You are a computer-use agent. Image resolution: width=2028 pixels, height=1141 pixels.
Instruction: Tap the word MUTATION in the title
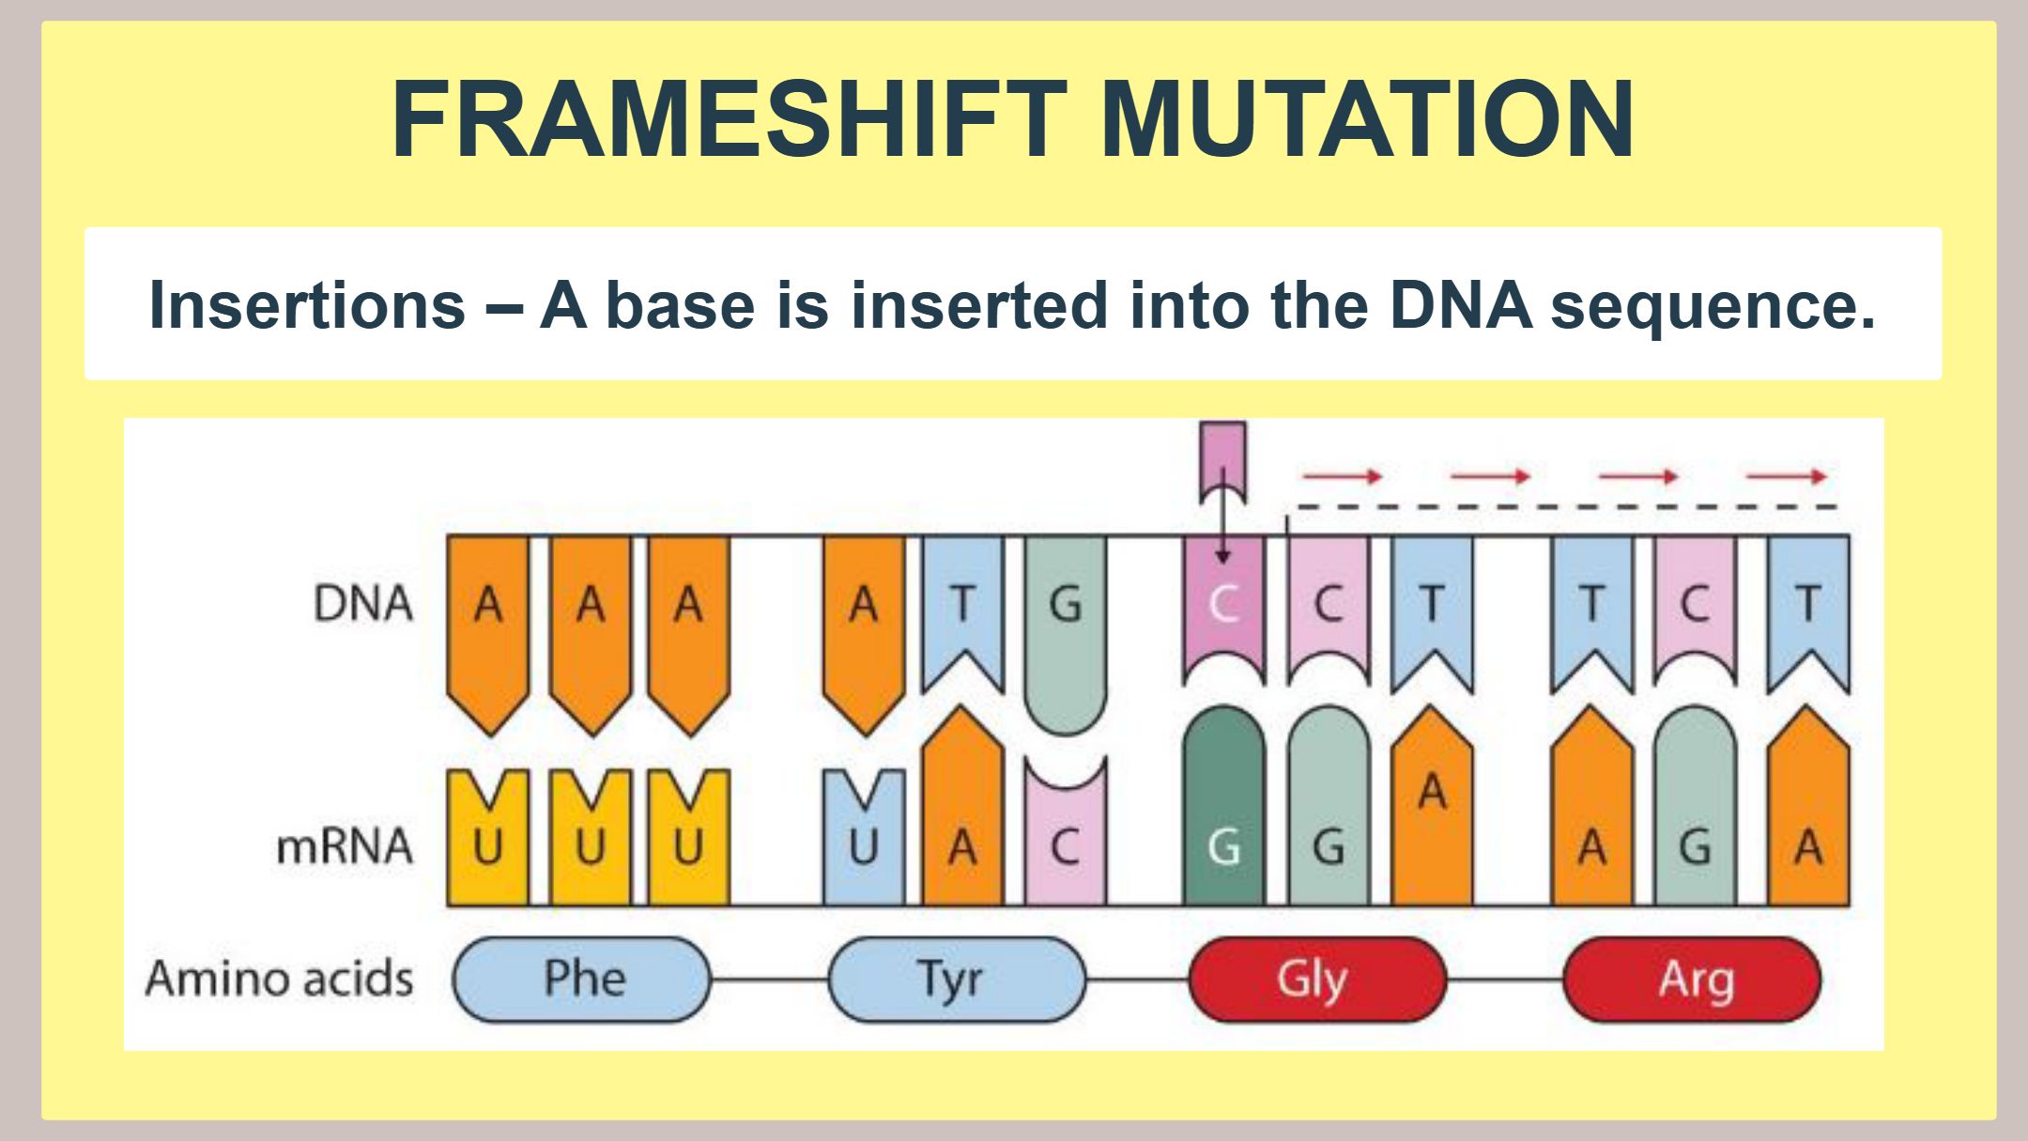(x=1368, y=119)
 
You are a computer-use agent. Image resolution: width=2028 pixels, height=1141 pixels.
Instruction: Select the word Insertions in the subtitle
(x=307, y=305)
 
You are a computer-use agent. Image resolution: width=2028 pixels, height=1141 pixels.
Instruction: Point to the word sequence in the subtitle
(x=1713, y=307)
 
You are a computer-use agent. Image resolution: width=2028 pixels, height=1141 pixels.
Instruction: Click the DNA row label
(x=362, y=603)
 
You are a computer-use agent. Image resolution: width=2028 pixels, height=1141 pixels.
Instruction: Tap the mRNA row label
(x=344, y=846)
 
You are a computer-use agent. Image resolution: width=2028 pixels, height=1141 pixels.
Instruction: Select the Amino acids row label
(x=279, y=979)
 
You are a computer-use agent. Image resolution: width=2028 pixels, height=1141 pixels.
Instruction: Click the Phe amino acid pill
(x=582, y=979)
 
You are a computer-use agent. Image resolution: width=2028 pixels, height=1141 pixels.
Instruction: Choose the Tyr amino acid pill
(x=957, y=979)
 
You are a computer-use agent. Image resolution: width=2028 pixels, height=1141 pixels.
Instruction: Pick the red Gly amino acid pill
(x=1317, y=979)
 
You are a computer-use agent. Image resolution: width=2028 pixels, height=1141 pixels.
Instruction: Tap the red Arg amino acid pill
(x=1692, y=979)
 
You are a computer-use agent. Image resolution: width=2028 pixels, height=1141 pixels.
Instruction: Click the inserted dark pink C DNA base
(x=1223, y=609)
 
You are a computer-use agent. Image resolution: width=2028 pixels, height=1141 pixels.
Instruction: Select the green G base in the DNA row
(x=1066, y=635)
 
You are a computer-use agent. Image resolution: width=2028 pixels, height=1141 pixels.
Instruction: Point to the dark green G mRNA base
(x=1223, y=806)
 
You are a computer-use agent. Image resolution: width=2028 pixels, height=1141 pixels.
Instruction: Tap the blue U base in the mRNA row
(x=864, y=838)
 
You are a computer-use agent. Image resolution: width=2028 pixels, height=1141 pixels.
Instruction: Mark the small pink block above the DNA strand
(x=1223, y=463)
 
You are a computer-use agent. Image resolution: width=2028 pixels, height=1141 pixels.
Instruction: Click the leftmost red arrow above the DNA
(x=1343, y=477)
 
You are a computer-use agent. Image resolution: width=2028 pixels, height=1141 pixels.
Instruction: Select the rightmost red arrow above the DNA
(x=1786, y=477)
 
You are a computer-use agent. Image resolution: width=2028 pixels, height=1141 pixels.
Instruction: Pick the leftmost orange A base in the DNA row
(x=488, y=635)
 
